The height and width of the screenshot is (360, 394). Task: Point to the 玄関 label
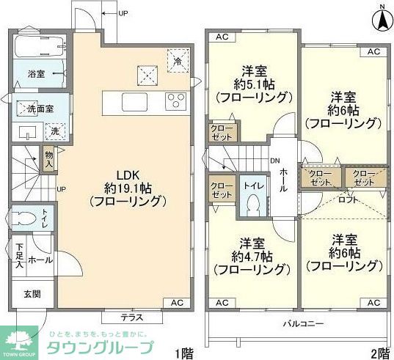point(32,294)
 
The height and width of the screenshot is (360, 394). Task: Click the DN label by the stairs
point(275,161)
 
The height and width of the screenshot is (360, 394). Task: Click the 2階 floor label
point(380,353)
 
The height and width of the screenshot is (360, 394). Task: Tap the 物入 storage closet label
point(48,159)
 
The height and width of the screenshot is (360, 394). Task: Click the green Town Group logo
point(19,339)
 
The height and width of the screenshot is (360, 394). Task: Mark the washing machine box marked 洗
point(55,131)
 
